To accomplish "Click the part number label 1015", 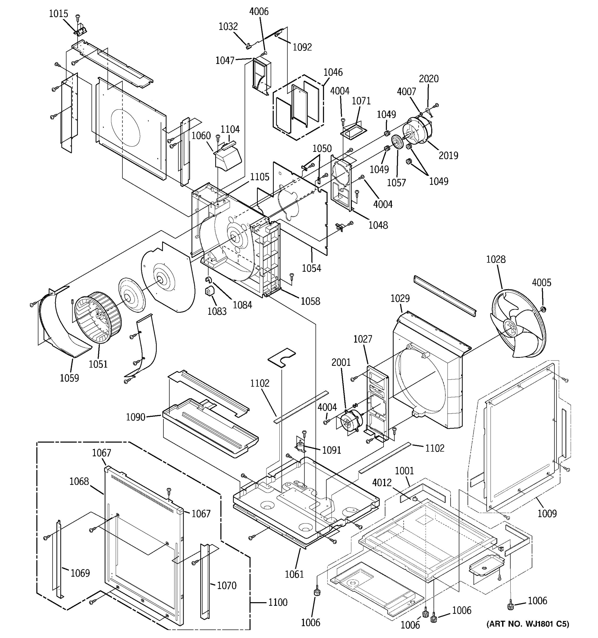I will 58,14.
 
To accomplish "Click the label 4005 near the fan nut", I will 542,283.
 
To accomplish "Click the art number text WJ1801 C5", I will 528,624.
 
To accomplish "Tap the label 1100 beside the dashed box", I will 278,603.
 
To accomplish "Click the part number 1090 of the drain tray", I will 136,417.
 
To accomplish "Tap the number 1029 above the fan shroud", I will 400,299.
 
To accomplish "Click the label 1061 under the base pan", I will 294,574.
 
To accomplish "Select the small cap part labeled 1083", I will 209,291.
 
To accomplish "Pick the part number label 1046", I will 333,72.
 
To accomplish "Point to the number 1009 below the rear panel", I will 547,514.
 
